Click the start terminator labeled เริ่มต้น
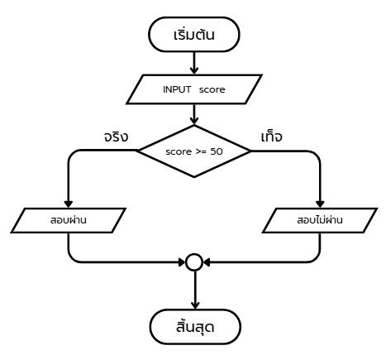click(x=194, y=35)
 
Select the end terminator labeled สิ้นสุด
click(x=195, y=327)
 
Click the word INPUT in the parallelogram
click(x=177, y=89)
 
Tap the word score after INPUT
click(x=212, y=89)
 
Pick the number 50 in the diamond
click(x=217, y=151)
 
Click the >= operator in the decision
click(x=202, y=151)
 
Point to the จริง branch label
click(x=116, y=137)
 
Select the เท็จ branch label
click(x=272, y=137)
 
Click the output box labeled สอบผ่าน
click(x=69, y=220)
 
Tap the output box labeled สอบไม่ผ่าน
click(x=320, y=220)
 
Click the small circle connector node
click(x=194, y=262)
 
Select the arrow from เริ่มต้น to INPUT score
click(x=194, y=63)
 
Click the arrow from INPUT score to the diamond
click(x=194, y=114)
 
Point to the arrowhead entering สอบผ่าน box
click(x=69, y=204)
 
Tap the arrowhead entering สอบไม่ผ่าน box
click(x=320, y=204)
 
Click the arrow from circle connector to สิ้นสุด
click(x=195, y=290)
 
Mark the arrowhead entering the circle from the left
click(x=182, y=262)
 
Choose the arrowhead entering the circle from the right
click(x=207, y=262)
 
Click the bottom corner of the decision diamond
click(x=194, y=177)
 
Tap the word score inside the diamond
click(x=179, y=151)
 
